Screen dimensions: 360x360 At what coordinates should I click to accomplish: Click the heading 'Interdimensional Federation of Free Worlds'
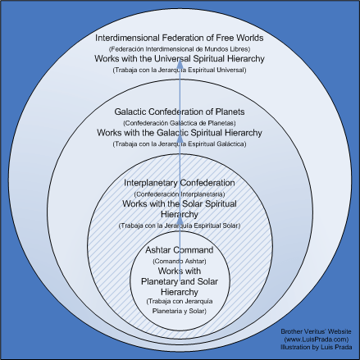point(180,38)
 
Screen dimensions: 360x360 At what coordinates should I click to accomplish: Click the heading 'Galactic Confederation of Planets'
point(180,112)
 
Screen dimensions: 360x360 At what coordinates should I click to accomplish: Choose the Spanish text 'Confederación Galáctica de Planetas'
point(180,122)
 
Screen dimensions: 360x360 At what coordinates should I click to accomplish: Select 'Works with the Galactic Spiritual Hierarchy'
point(180,133)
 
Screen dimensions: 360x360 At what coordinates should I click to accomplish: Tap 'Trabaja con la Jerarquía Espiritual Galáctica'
point(180,144)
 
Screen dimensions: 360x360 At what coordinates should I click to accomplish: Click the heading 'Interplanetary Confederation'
point(180,182)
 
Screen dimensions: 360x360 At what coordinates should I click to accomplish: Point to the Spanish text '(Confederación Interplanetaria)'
point(180,193)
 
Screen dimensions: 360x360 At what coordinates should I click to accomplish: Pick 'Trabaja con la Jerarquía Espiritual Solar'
point(180,225)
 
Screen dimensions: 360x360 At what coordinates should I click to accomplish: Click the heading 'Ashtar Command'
point(180,249)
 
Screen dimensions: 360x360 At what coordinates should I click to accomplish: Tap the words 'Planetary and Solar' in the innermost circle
point(180,280)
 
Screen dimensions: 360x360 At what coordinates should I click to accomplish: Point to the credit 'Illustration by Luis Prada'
point(314,346)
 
